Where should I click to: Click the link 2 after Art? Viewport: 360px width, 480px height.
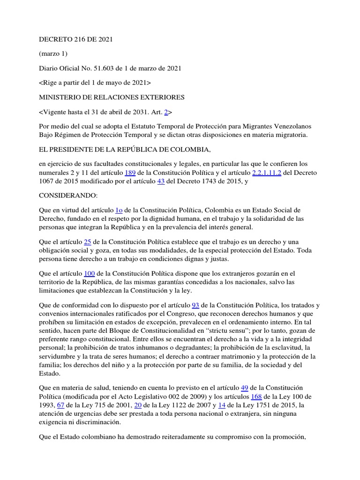click(165, 112)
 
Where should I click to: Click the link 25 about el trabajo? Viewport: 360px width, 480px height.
click(87, 242)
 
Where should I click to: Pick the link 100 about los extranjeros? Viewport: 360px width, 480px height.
click(89, 273)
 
